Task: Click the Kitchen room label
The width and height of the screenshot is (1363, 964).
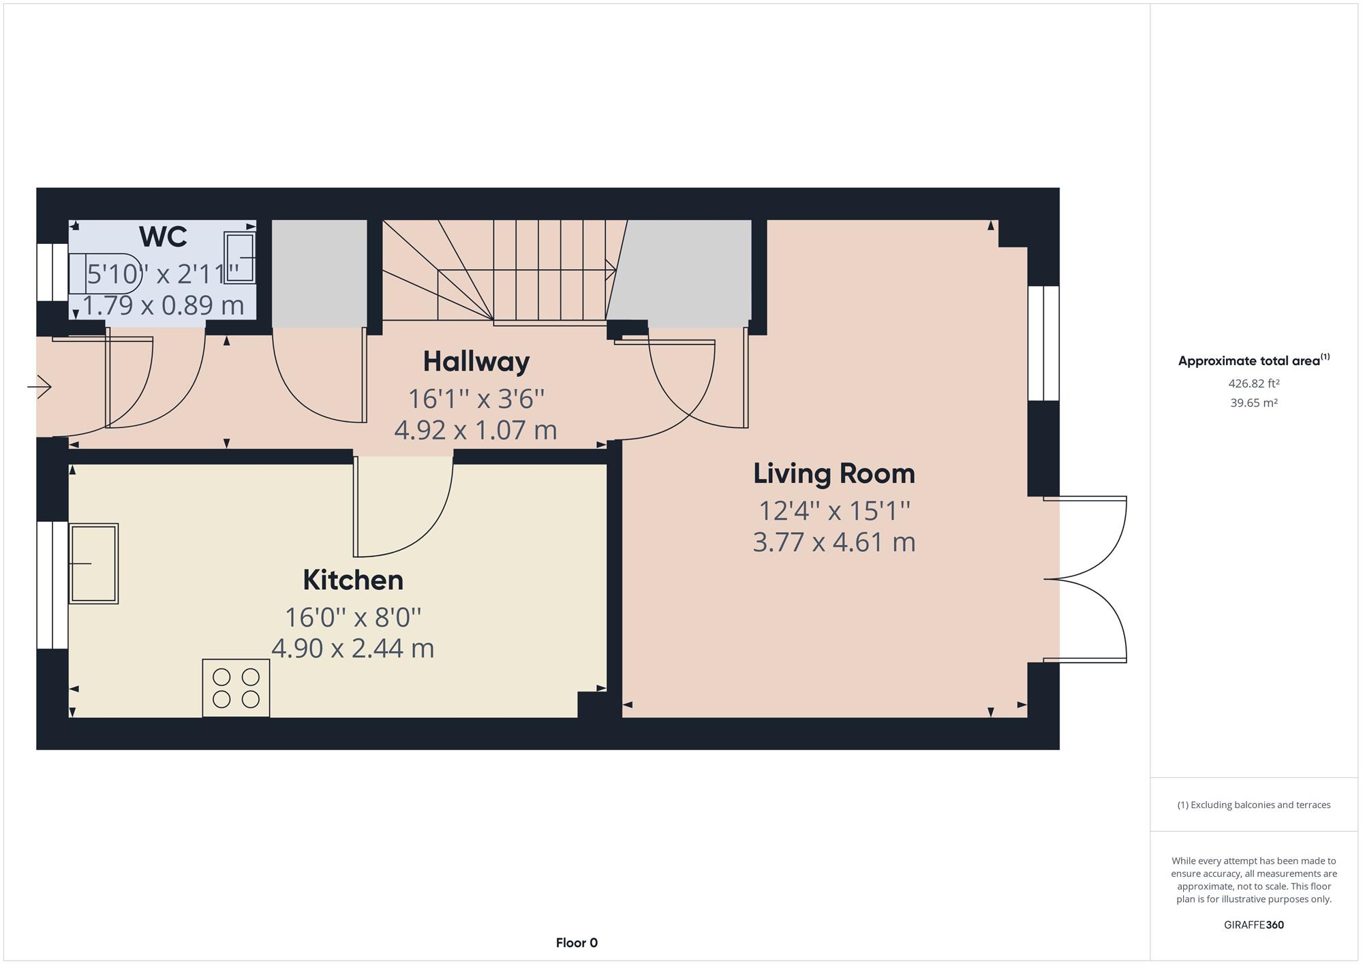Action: point(353,580)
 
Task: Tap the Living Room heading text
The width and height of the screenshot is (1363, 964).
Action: point(834,473)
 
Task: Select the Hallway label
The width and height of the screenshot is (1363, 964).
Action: point(476,362)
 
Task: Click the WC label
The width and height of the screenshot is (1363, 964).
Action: point(163,237)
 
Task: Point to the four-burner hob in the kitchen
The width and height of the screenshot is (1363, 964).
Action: point(236,688)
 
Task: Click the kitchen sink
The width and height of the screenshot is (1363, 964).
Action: point(93,563)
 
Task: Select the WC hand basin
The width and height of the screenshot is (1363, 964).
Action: point(239,258)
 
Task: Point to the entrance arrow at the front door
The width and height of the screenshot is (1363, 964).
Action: point(40,388)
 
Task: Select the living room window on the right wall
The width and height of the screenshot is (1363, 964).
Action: point(1043,343)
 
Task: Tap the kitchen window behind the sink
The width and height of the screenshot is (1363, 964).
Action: point(52,585)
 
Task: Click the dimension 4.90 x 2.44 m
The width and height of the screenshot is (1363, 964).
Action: point(353,648)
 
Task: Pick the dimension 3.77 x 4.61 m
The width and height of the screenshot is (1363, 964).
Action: point(834,542)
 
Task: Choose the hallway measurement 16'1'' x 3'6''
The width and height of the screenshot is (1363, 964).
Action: point(476,399)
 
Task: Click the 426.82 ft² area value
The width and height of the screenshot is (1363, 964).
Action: point(1254,384)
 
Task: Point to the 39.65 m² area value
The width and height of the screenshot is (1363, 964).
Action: point(1254,403)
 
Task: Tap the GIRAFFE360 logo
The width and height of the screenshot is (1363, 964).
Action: point(1254,925)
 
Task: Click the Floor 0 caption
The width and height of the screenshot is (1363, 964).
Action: point(577,943)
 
